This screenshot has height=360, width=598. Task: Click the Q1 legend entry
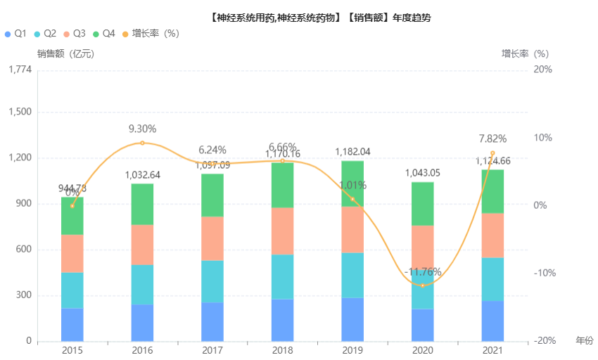(15, 34)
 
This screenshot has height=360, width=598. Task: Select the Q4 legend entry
(103, 34)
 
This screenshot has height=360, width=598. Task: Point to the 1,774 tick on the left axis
(20, 70)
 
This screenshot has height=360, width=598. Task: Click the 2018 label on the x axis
(282, 350)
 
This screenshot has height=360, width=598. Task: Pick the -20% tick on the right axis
(543, 341)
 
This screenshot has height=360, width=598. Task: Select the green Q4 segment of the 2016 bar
(142, 204)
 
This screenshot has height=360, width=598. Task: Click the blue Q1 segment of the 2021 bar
(492, 321)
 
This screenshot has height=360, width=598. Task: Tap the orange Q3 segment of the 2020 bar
(423, 246)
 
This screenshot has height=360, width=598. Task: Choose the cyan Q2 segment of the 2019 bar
(352, 275)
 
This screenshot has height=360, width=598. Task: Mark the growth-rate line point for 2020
(423, 285)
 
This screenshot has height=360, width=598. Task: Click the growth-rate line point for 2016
(142, 143)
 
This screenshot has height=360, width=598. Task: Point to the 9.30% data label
(142, 129)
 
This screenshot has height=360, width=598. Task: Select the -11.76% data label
(423, 272)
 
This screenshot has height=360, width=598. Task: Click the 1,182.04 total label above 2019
(352, 151)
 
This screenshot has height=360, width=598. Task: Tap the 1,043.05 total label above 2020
(423, 173)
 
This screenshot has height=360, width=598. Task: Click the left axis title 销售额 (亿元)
(65, 53)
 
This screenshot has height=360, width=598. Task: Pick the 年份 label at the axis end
(585, 341)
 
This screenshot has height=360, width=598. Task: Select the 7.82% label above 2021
(492, 139)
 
